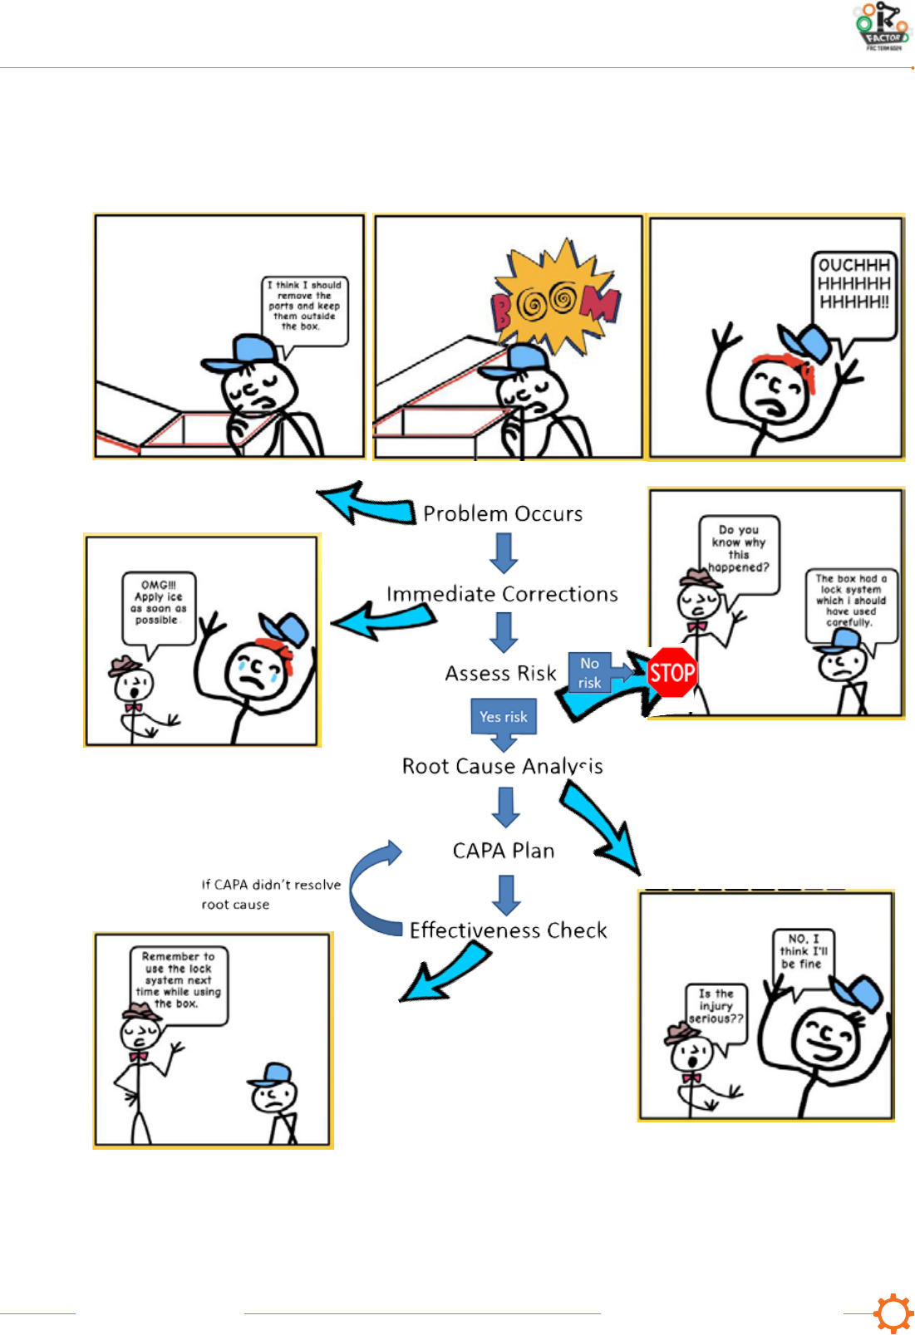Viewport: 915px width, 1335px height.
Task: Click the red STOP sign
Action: pyautogui.click(x=671, y=672)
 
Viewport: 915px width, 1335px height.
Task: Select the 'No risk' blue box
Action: pyautogui.click(x=590, y=673)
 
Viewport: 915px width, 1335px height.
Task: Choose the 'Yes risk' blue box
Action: pyautogui.click(x=503, y=717)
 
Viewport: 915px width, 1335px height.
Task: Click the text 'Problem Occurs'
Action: pyautogui.click(x=503, y=514)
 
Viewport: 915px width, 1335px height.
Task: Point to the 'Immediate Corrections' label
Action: pyautogui.click(x=502, y=595)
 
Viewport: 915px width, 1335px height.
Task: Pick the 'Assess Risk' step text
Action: pyautogui.click(x=500, y=674)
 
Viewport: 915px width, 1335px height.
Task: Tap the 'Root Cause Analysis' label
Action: pyautogui.click(x=502, y=766)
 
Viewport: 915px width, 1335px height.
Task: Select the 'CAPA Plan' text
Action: pyautogui.click(x=504, y=851)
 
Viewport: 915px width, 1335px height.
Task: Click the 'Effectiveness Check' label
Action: pyautogui.click(x=508, y=930)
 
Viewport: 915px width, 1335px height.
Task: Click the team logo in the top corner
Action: pyautogui.click(x=883, y=27)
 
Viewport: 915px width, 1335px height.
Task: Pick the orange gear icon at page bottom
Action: pyautogui.click(x=893, y=1313)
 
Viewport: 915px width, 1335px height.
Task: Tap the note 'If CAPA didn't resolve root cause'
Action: pyautogui.click(x=271, y=895)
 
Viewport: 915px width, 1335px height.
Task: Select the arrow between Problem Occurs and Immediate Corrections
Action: pyautogui.click(x=504, y=552)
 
